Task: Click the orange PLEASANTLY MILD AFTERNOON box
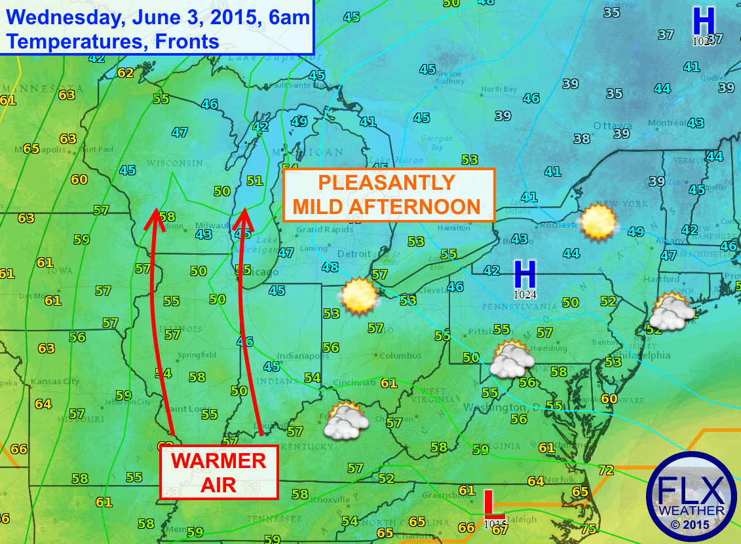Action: pyautogui.click(x=389, y=194)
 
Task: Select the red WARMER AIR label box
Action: pyautogui.click(x=218, y=472)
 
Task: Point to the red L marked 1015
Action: pyautogui.click(x=489, y=505)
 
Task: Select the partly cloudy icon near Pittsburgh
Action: pyautogui.click(x=512, y=359)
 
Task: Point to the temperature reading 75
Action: pyautogui.click(x=588, y=530)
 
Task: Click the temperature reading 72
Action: pyautogui.click(x=606, y=470)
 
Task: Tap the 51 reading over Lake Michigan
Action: pyautogui.click(x=255, y=181)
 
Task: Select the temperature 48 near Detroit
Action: pyautogui.click(x=330, y=267)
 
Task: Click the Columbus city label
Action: pyautogui.click(x=400, y=355)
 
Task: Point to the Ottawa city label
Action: pyautogui.click(x=612, y=126)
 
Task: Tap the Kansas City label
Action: pyautogui.click(x=55, y=381)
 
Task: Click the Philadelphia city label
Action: pyautogui.click(x=644, y=355)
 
